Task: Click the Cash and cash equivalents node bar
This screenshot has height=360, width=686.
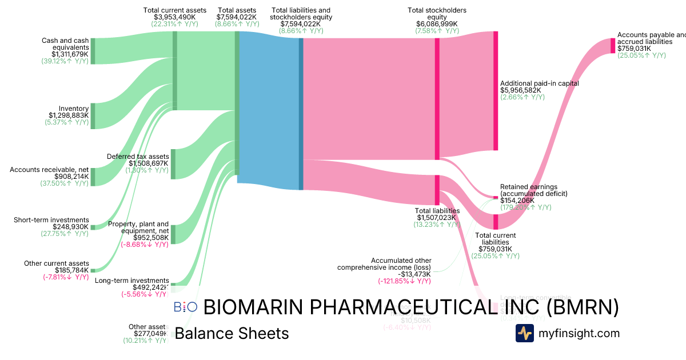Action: pyautogui.click(x=93, y=51)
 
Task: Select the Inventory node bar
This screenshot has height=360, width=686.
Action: pyautogui.click(x=93, y=116)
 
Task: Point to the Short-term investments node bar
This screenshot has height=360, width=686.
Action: pyautogui.click(x=93, y=227)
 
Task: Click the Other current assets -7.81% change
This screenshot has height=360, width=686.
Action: pyautogui.click(x=66, y=277)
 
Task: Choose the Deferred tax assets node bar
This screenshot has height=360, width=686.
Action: pyautogui.click(x=173, y=163)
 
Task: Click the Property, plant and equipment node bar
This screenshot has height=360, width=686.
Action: pyautogui.click(x=173, y=234)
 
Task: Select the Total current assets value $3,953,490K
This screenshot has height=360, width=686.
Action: pyautogui.click(x=175, y=17)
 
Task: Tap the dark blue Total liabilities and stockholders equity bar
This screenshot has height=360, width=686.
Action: pyautogui.click(x=301, y=114)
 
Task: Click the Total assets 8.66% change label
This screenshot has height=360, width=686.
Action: pyautogui.click(x=236, y=25)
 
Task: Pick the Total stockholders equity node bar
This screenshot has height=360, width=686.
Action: pyautogui.click(x=437, y=98)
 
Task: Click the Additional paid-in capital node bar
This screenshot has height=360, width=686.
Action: pyautogui.click(x=496, y=91)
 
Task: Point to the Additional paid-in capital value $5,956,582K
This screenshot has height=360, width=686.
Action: pyautogui.click(x=520, y=90)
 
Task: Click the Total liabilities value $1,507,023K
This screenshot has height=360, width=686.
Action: pyautogui.click(x=438, y=218)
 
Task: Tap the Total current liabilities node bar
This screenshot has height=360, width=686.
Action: pyautogui.click(x=496, y=222)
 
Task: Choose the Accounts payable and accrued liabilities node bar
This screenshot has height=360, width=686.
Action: pyautogui.click(x=612, y=45)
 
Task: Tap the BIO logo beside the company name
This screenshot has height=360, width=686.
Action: pyautogui.click(x=185, y=307)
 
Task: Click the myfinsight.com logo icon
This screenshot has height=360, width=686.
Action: pyautogui.click(x=524, y=333)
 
